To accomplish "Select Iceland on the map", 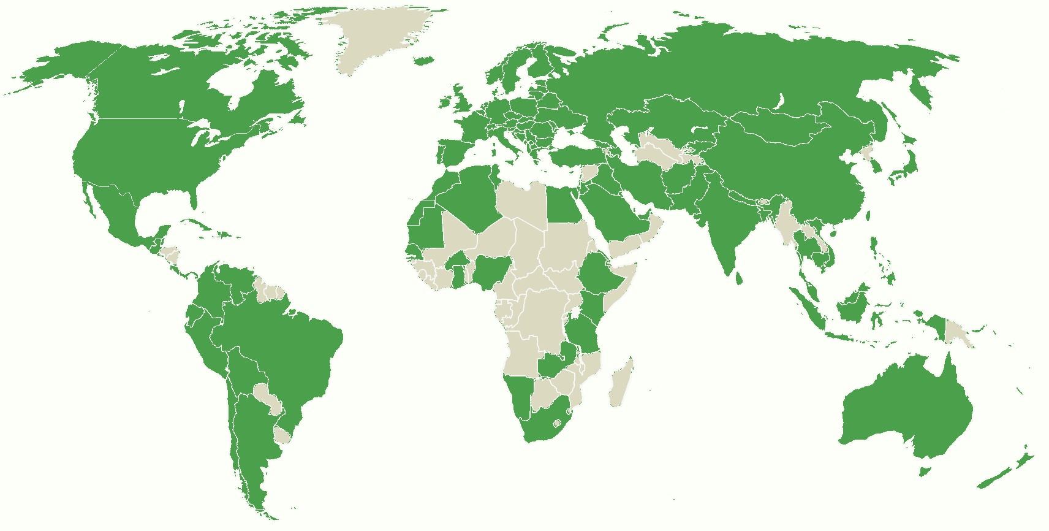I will point(423,61).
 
